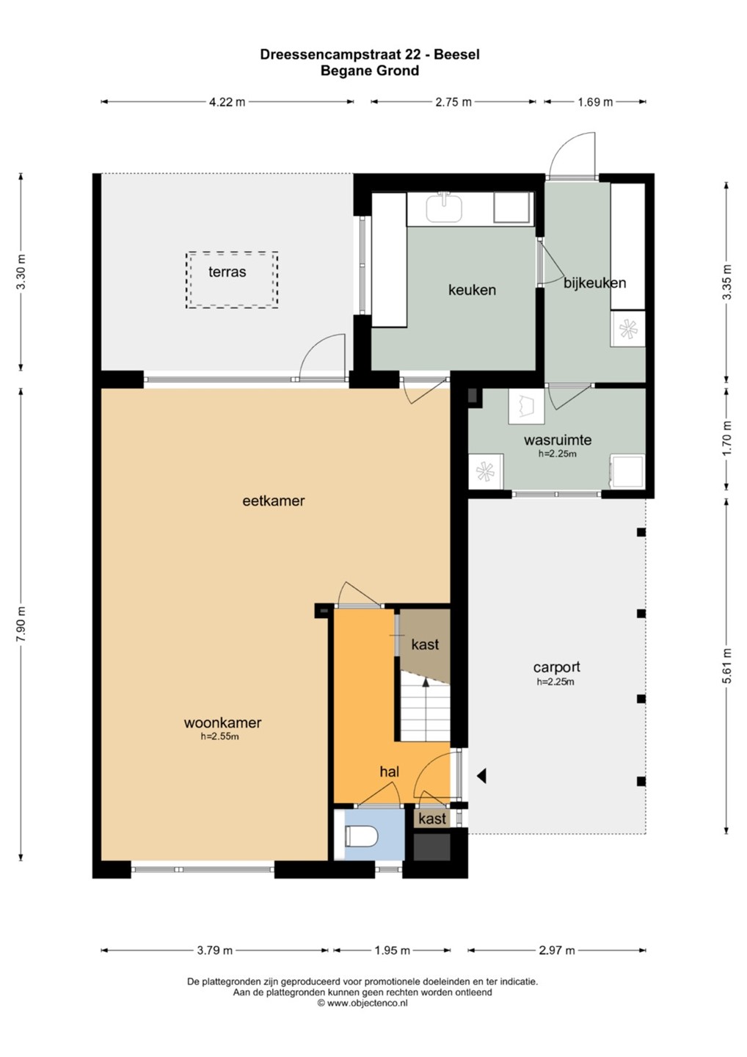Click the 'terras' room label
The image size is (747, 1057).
click(227, 272)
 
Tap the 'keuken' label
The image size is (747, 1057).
click(472, 290)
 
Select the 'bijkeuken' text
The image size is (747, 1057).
click(594, 283)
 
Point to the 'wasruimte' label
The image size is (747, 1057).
click(558, 440)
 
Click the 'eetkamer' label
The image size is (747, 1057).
click(274, 501)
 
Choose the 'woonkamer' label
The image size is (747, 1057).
click(222, 722)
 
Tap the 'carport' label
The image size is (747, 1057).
click(556, 667)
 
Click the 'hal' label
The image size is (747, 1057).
click(390, 771)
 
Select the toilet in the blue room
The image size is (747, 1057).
click(362, 837)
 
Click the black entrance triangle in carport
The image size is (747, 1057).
click(481, 776)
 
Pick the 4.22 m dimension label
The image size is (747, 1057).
click(227, 102)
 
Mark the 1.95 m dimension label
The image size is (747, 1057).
click(392, 951)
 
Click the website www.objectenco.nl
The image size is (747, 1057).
click(367, 1003)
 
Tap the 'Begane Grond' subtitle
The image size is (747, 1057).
click(370, 70)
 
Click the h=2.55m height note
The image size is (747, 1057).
click(220, 737)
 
